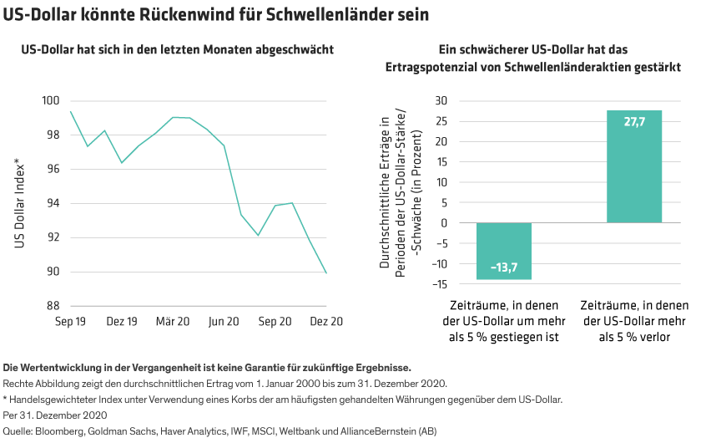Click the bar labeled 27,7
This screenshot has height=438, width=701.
(634, 166)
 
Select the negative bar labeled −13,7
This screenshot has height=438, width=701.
(504, 251)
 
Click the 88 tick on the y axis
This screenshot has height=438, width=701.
(53, 306)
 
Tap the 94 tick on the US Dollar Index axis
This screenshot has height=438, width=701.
(53, 204)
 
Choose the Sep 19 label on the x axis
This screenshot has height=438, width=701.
(71, 322)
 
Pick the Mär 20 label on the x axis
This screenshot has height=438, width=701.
(173, 322)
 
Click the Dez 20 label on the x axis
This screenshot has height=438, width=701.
(325, 322)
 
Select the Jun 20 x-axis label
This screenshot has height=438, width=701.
(224, 322)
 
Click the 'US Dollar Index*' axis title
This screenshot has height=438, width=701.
(18, 203)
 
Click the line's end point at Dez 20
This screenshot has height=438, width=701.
(326, 272)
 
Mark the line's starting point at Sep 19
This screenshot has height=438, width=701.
(71, 111)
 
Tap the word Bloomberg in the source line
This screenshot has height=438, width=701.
(57, 430)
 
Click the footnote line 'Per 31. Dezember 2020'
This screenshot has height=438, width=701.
(55, 415)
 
